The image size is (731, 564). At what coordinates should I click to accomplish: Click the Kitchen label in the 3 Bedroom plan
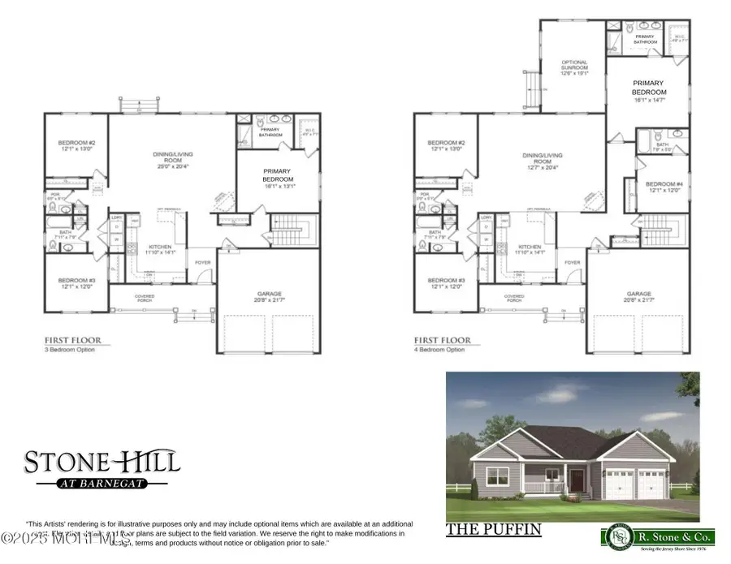(159, 249)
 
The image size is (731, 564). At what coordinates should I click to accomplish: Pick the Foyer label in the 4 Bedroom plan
(573, 262)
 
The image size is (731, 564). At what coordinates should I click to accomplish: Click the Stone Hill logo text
(101, 464)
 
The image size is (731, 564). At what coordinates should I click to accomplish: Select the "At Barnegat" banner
(101, 485)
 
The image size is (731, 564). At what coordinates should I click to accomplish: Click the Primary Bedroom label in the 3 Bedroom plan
(278, 176)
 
